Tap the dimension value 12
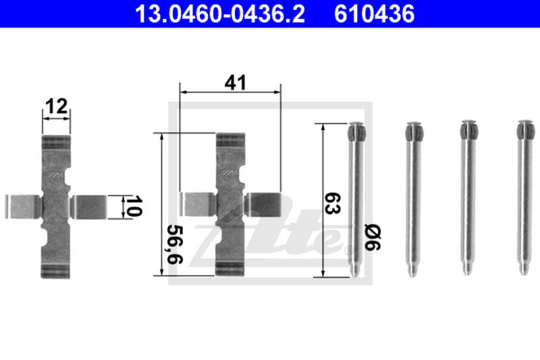tap(56, 106)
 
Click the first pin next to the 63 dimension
tap(356, 203)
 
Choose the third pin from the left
tap(467, 203)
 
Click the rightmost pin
tap(523, 203)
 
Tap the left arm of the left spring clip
tap(22, 207)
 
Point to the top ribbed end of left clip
tap(56, 143)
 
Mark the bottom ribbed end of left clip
tap(56, 271)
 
